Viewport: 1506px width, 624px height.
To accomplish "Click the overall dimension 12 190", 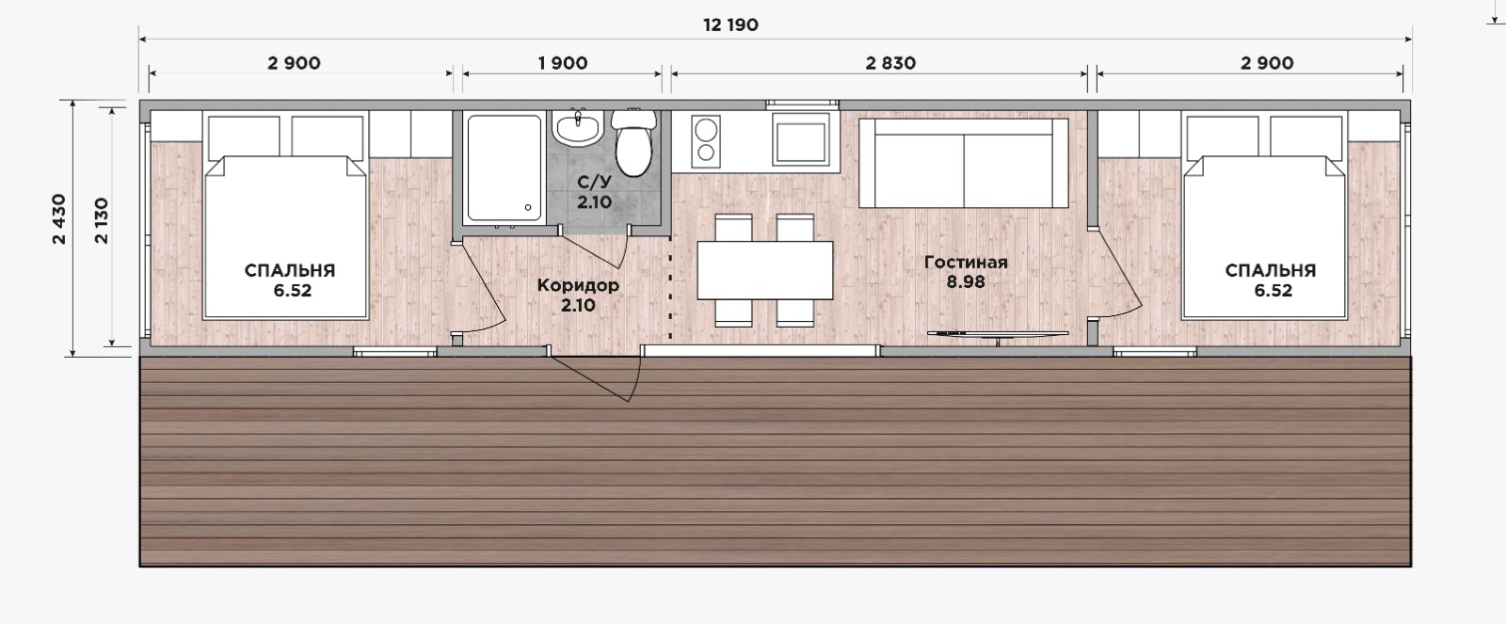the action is click(x=730, y=24).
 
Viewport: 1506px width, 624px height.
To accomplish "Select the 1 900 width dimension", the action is click(x=563, y=63).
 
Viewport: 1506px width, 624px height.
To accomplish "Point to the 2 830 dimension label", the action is click(x=890, y=63).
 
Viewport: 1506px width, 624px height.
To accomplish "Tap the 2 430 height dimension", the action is click(x=59, y=218).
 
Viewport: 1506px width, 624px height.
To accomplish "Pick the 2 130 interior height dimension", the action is click(x=102, y=220).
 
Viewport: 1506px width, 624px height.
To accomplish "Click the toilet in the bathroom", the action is click(x=633, y=143).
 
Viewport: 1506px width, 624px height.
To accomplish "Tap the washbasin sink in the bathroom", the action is click(x=578, y=128).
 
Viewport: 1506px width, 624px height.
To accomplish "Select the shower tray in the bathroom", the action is click(x=505, y=168).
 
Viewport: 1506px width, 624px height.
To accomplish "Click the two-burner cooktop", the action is click(x=706, y=141).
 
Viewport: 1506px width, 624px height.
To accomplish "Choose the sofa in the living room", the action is click(x=964, y=164).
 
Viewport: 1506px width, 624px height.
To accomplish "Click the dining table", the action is click(x=765, y=270).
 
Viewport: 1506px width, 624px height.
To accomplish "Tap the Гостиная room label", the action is click(x=966, y=263).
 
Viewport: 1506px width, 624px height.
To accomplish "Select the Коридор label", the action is click(x=578, y=285).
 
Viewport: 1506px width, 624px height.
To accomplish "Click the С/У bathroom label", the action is click(x=594, y=183).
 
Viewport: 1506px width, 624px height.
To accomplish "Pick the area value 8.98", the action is click(x=966, y=282).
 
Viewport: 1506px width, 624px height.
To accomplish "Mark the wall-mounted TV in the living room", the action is click(x=998, y=334).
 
